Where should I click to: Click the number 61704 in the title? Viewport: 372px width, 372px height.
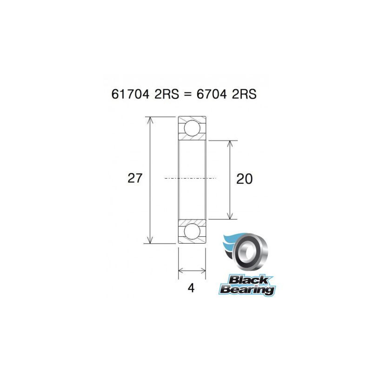pos(130,94)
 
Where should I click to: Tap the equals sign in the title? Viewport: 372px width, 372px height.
pos(186,94)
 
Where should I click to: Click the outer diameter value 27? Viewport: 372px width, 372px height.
pos(135,178)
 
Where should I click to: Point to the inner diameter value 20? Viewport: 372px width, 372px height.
pos(245,179)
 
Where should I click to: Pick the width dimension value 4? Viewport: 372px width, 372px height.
pos(191,288)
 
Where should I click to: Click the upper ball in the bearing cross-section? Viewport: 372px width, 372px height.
pos(192,128)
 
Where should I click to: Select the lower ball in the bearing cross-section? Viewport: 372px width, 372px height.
pos(192,231)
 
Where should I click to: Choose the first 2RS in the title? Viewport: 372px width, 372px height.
pos(163,94)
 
